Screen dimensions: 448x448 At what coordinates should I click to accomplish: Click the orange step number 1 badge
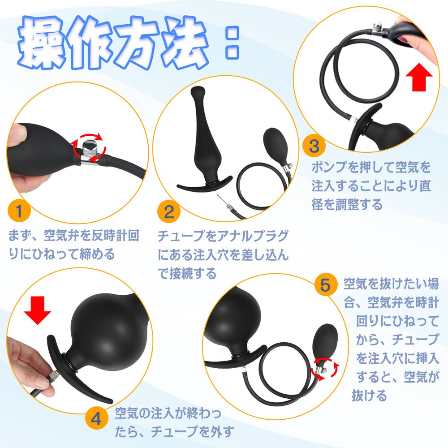19,211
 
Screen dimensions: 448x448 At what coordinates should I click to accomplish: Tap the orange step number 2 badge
168,212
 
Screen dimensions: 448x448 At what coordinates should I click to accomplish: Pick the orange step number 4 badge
96,419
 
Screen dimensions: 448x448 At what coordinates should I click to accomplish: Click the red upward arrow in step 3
419,77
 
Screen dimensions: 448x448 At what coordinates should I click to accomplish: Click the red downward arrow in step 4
38,310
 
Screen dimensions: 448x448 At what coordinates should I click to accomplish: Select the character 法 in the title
185,43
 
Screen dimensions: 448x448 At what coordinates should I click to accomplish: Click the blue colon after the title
232,43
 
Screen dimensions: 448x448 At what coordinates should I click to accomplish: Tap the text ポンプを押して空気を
371,167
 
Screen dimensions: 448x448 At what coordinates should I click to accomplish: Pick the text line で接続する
187,273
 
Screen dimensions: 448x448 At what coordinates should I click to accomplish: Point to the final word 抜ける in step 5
370,396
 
